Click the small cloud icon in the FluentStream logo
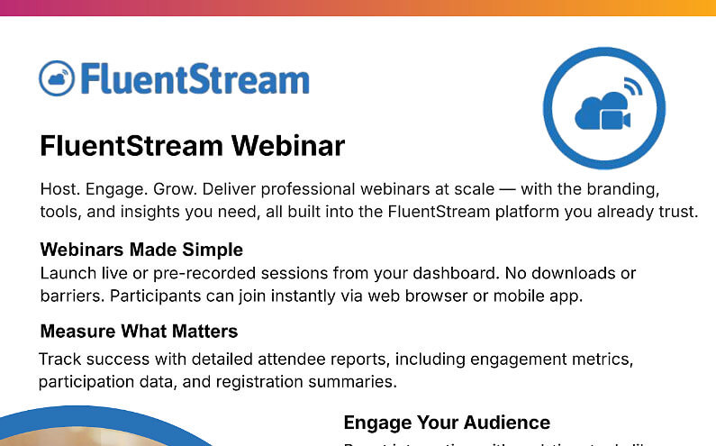pos(56,78)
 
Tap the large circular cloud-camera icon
pos(603,109)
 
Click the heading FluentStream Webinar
pos(192,146)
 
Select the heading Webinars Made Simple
pos(141,249)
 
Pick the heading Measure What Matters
pos(139,331)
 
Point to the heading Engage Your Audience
pos(447,423)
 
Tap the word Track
pos(59,360)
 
